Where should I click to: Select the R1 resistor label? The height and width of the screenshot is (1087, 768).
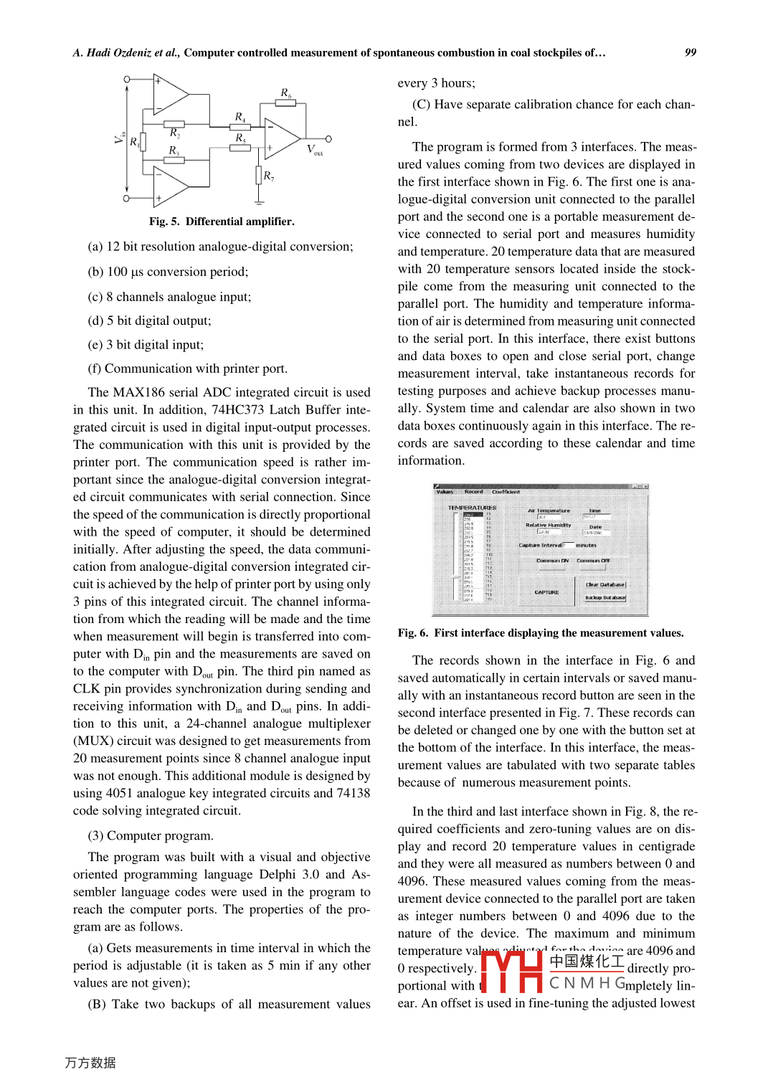(x=134, y=142)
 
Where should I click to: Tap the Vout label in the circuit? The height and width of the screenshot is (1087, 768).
(x=315, y=149)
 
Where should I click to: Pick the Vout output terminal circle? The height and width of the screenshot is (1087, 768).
(x=328, y=138)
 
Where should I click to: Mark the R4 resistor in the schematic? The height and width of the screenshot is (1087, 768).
(x=240, y=127)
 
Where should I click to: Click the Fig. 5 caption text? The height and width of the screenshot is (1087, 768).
(x=222, y=222)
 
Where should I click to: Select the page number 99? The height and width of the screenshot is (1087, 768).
(x=691, y=52)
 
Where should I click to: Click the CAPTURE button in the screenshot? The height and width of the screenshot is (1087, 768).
(x=546, y=592)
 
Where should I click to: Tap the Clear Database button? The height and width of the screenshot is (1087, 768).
(x=605, y=584)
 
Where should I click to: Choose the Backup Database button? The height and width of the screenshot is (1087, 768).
(x=605, y=597)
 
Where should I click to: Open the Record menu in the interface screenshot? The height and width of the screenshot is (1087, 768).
(x=473, y=492)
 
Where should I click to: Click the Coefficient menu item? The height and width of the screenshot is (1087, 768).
(x=506, y=492)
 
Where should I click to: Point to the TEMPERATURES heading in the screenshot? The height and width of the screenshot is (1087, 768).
(x=472, y=508)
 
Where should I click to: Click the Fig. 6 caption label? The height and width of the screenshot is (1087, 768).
(x=413, y=633)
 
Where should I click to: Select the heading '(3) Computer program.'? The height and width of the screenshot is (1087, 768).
(x=151, y=836)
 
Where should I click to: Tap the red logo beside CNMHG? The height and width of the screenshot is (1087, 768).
(x=511, y=972)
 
